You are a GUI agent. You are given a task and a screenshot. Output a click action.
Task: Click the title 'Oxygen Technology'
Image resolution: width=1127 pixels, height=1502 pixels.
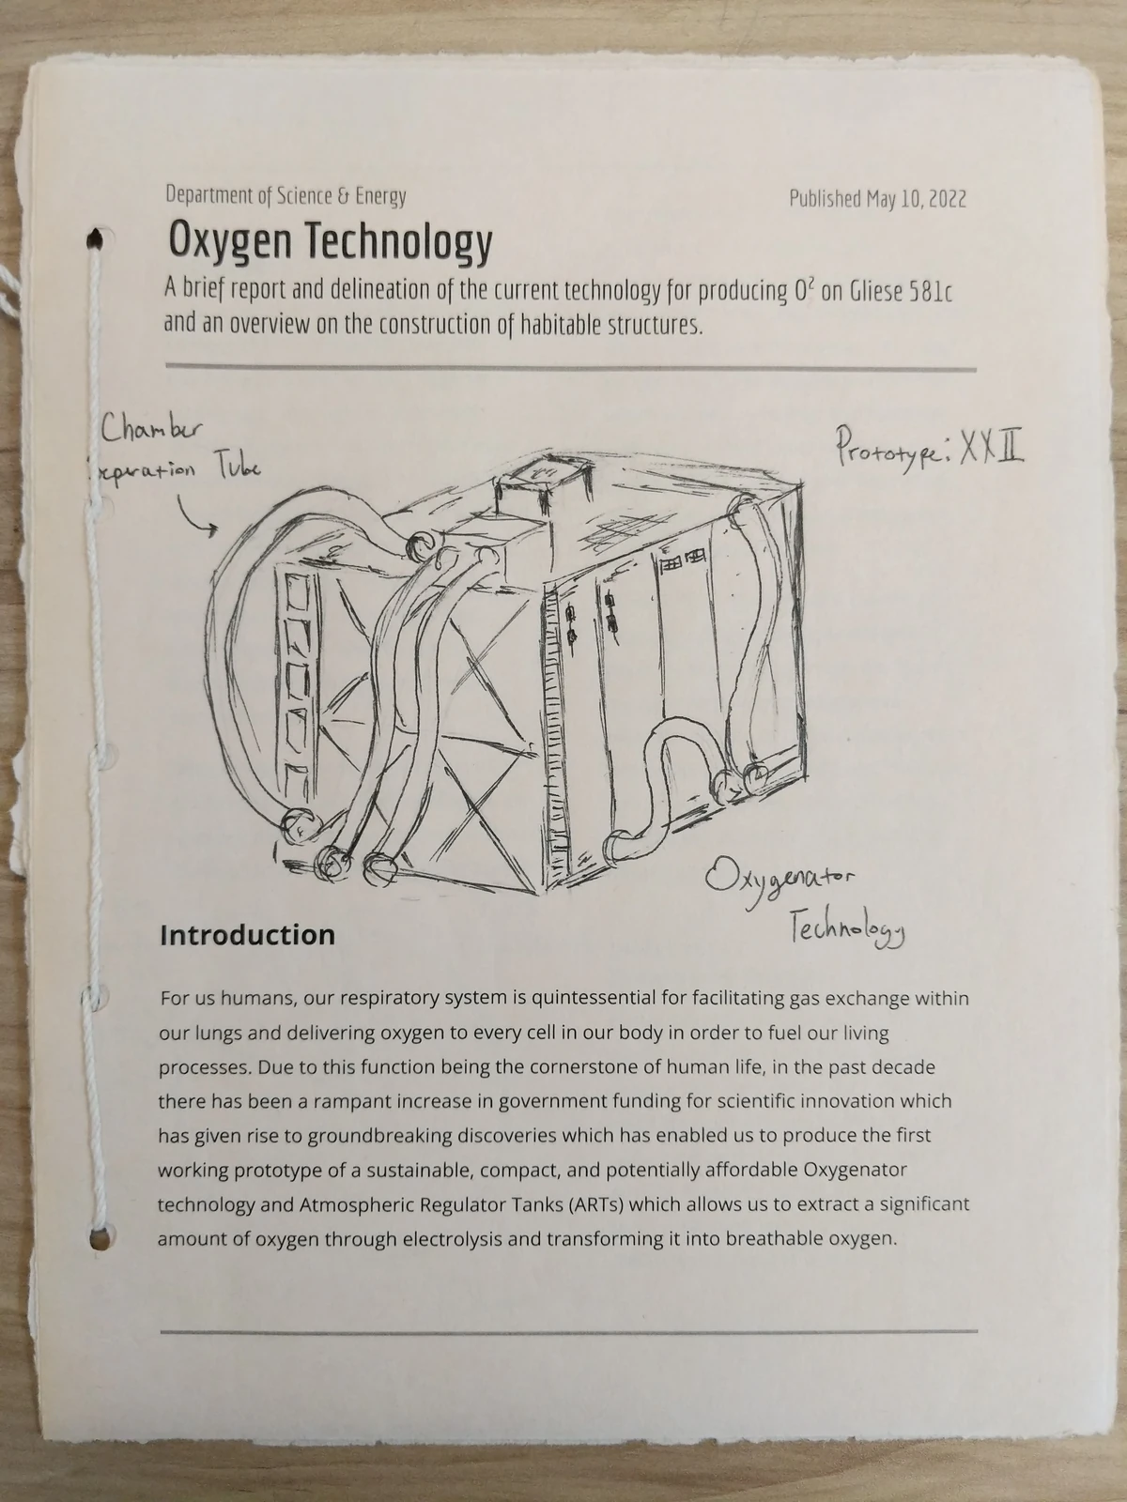[330, 241]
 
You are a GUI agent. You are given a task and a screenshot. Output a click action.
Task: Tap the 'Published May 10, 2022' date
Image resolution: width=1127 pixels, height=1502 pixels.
[877, 199]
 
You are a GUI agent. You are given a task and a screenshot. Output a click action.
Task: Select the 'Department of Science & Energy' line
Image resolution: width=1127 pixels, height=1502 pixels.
[286, 196]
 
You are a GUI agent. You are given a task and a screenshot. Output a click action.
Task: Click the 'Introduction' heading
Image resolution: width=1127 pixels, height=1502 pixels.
[247, 935]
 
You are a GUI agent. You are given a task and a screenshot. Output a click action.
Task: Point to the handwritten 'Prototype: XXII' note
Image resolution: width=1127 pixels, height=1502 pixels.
[928, 448]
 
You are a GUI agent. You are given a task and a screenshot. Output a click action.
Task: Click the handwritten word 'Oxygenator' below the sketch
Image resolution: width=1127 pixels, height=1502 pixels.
[780, 881]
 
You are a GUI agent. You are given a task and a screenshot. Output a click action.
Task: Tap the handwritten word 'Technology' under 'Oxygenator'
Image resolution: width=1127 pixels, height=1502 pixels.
[846, 928]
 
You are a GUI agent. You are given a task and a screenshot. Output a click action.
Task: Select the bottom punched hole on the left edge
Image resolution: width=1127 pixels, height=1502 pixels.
[97, 1238]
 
